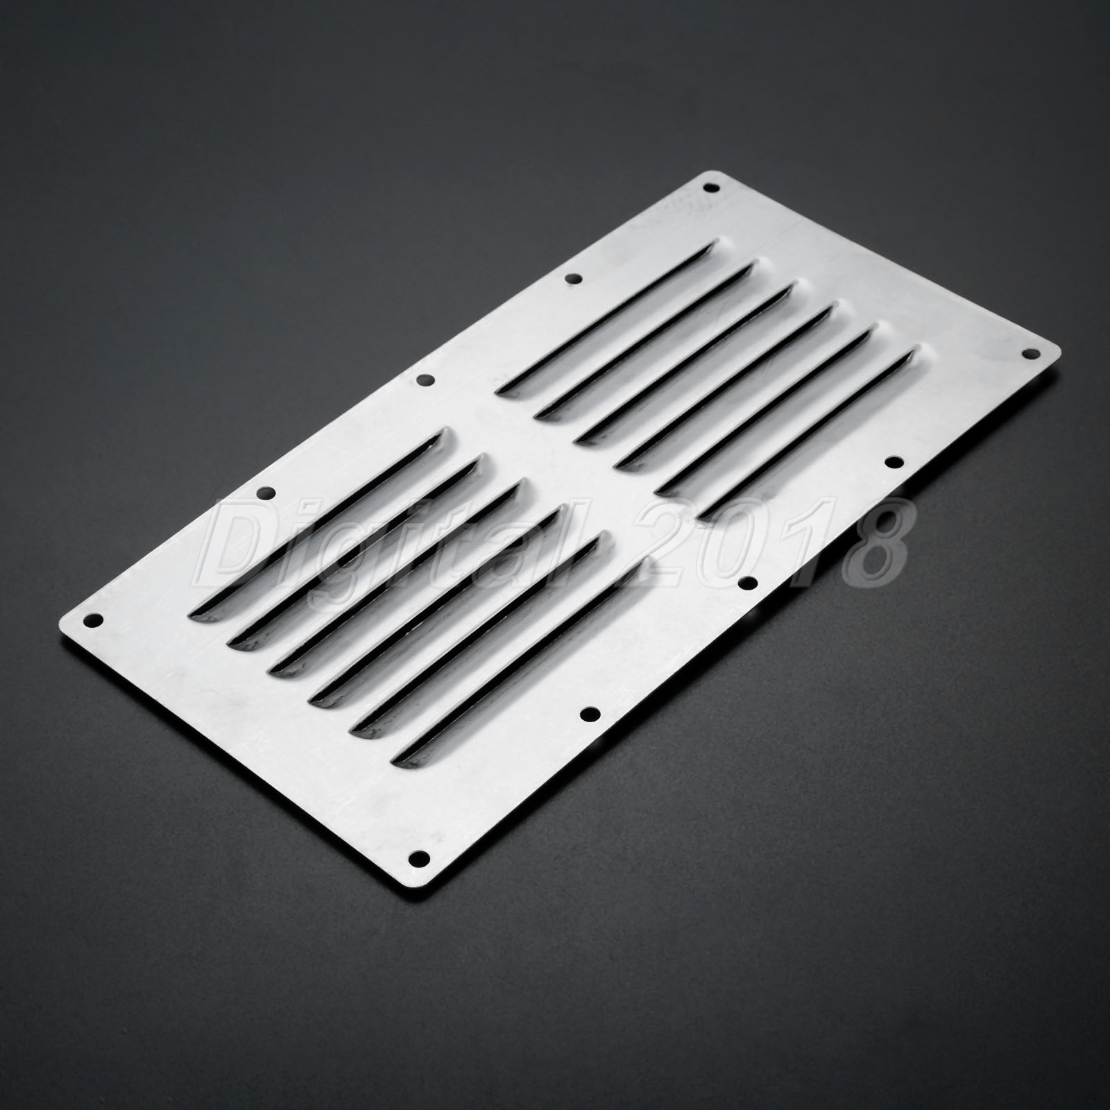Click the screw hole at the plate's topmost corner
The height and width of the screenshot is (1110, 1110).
[x=708, y=187]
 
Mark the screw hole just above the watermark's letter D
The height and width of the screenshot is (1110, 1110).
[x=264, y=493]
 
